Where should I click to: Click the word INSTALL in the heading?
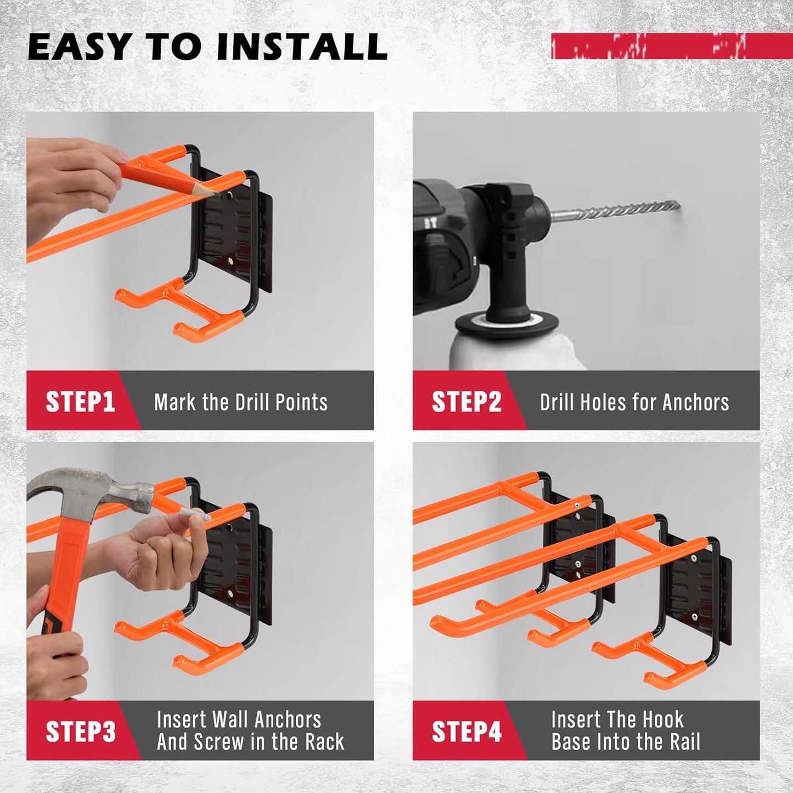click(302, 47)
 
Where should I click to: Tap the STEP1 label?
click(80, 402)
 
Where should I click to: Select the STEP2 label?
click(466, 402)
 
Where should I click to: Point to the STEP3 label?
click(80, 732)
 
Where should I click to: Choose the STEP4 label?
click(466, 732)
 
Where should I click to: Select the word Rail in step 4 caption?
click(685, 742)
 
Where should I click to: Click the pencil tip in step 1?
click(216, 193)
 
